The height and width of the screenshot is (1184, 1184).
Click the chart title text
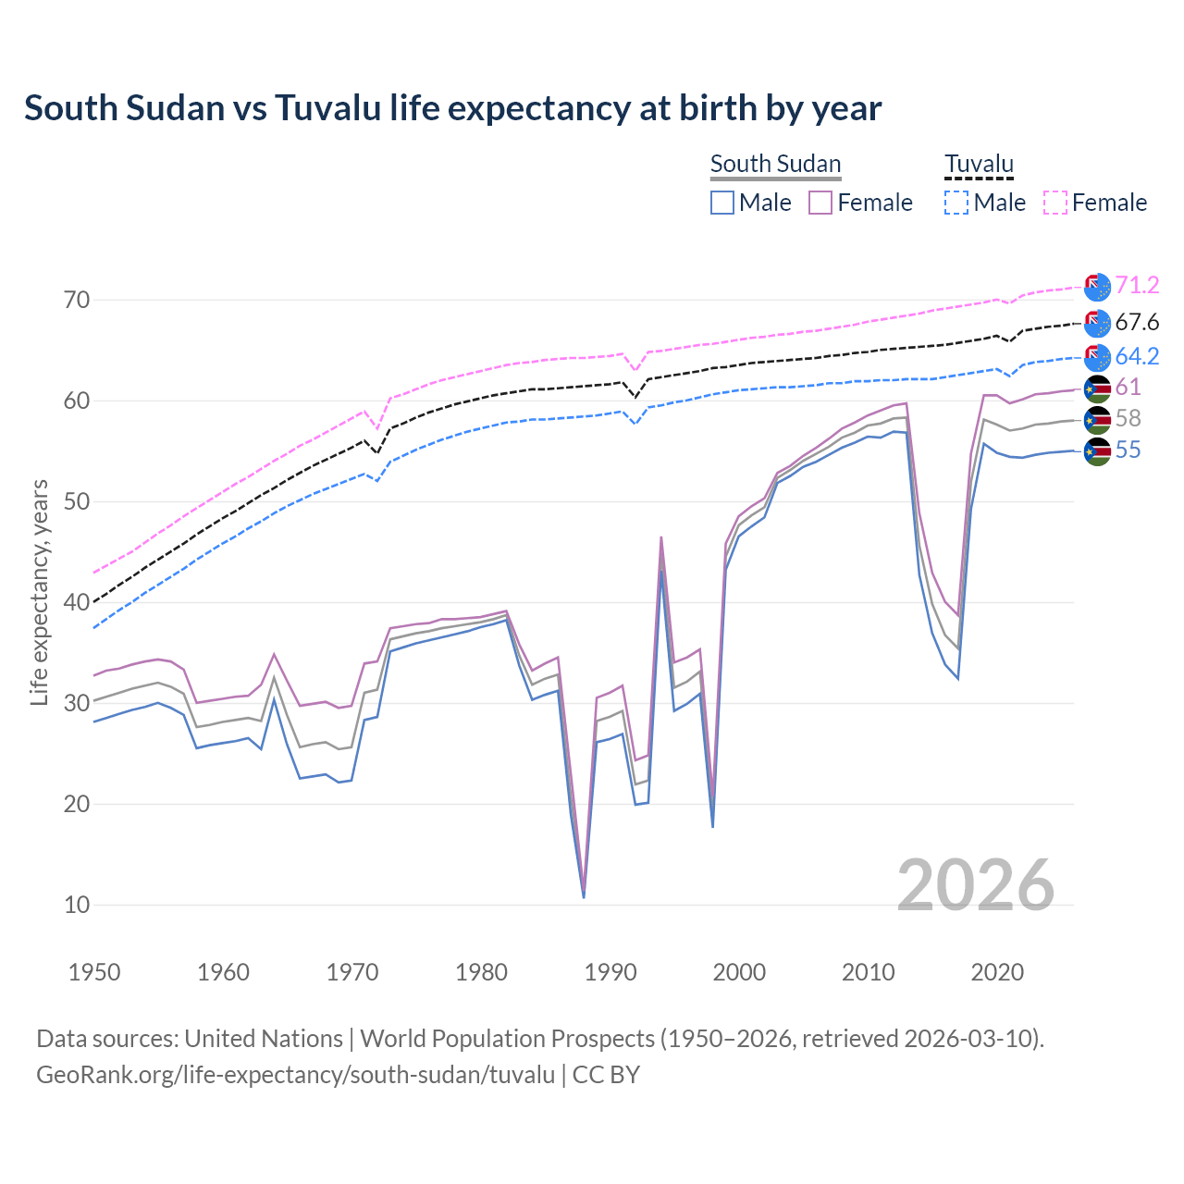(452, 108)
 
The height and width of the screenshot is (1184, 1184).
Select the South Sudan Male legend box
(722, 203)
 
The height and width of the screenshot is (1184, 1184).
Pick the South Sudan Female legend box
(820, 203)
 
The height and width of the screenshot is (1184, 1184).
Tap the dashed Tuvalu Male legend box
(956, 203)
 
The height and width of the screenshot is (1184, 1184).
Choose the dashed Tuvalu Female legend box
(1055, 203)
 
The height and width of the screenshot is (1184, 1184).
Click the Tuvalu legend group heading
(979, 164)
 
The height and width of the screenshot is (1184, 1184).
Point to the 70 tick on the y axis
(77, 300)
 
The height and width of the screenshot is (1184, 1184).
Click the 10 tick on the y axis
(77, 905)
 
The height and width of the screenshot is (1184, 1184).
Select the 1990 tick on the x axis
(610, 972)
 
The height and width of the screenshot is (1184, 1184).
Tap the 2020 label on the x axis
(997, 972)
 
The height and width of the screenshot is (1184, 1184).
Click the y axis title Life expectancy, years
(40, 592)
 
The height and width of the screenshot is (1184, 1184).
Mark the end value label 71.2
(1137, 285)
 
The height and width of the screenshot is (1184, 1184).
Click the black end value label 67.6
(1137, 322)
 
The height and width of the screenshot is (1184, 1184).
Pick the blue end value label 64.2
(1137, 356)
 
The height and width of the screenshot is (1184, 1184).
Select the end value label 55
(1128, 450)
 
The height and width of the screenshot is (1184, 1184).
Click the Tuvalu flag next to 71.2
(1097, 287)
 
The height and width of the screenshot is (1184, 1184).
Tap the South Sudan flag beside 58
(1097, 420)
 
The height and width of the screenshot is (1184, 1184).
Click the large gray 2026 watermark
(975, 885)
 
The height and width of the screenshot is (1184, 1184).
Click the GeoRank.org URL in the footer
(296, 1075)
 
